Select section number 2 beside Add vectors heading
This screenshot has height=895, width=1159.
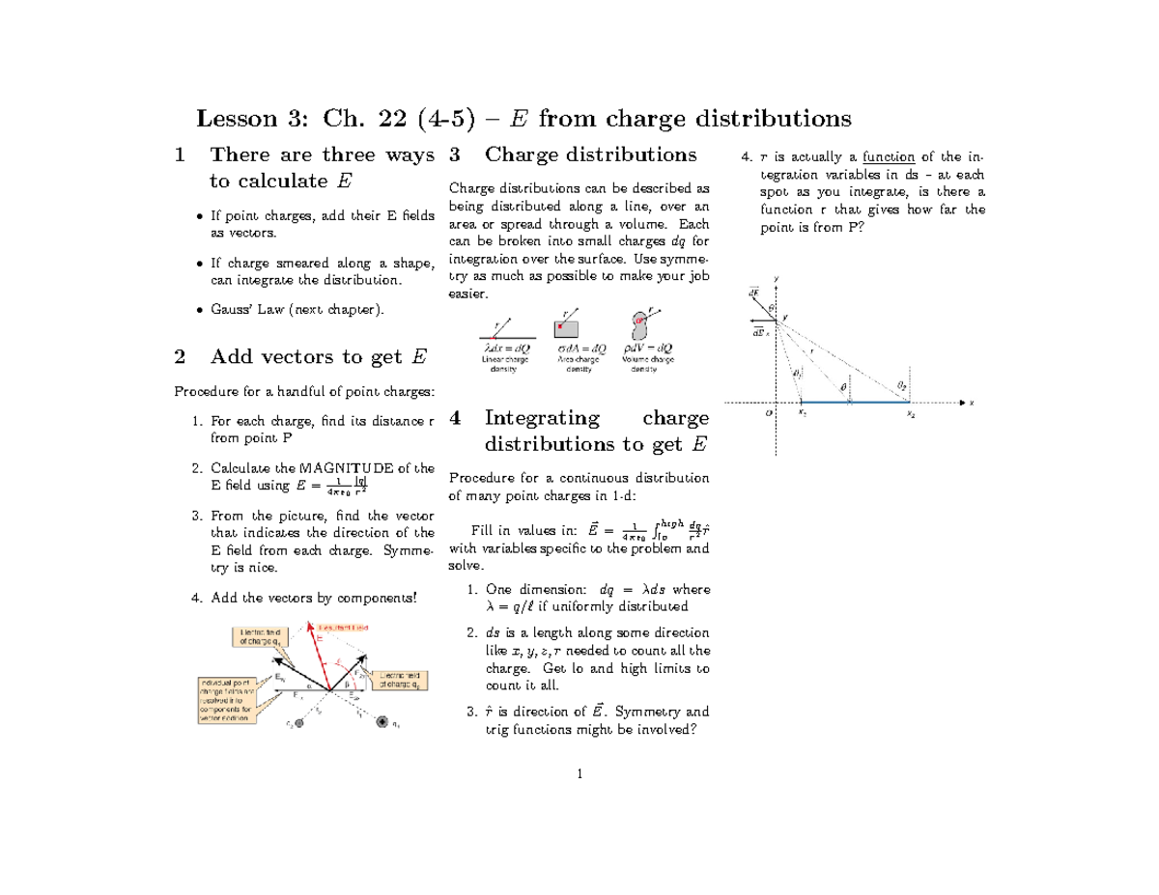coord(179,356)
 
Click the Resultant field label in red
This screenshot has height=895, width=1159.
coord(353,628)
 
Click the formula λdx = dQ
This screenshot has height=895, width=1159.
coord(504,348)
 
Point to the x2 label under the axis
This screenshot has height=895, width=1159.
coord(910,413)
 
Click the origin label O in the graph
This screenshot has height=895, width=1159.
coord(770,412)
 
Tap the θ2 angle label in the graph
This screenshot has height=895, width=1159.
coord(902,385)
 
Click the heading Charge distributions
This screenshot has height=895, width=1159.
coord(590,154)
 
